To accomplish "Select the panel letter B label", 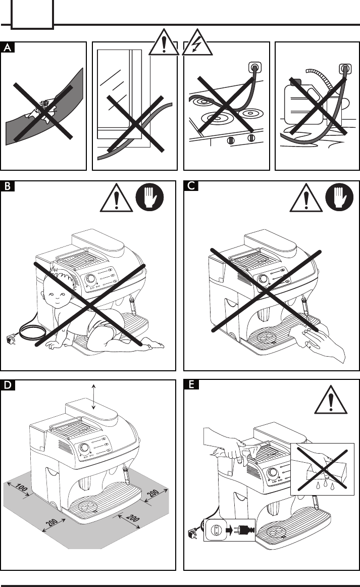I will point(8,186).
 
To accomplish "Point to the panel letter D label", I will point(8,385).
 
